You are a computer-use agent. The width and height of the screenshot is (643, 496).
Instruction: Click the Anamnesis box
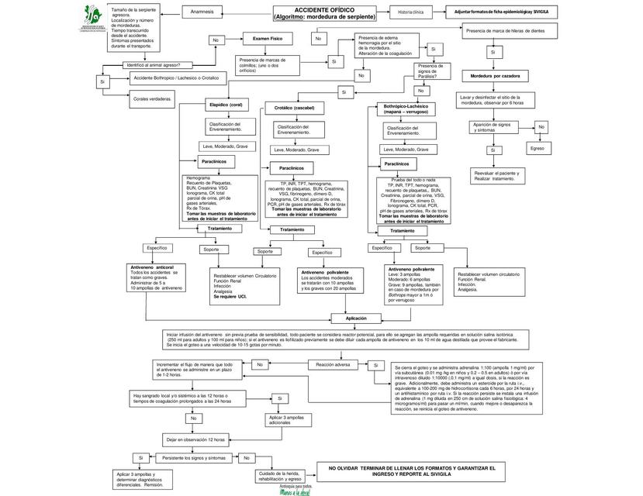pyautogui.click(x=202, y=12)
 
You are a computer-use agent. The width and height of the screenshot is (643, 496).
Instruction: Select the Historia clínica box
pyautogui.click(x=411, y=12)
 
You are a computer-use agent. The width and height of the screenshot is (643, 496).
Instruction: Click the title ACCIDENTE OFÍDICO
pyautogui.click(x=326, y=13)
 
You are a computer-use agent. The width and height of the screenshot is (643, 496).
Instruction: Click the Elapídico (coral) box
pyautogui.click(x=226, y=104)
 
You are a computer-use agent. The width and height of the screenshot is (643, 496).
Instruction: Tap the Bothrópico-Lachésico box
pyautogui.click(x=406, y=108)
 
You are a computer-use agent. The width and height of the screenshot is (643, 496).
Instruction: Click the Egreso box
pyautogui.click(x=538, y=146)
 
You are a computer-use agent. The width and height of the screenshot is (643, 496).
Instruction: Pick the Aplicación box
pyautogui.click(x=356, y=318)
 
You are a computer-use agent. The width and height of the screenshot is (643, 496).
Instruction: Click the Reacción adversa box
pyautogui.click(x=334, y=363)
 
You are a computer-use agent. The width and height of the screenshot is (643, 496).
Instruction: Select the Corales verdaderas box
pyautogui.click(x=152, y=99)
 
